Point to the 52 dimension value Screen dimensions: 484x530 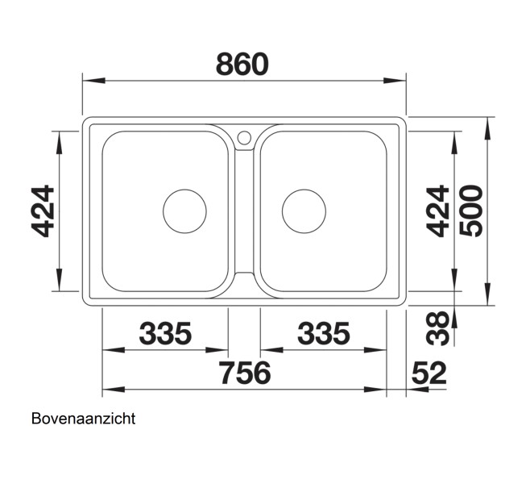tap(429, 373)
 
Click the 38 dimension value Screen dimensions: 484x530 tap(437, 328)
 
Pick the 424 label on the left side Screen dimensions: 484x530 tap(43, 211)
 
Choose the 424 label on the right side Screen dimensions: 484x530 tap(437, 211)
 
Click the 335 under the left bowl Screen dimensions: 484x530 tap(166, 332)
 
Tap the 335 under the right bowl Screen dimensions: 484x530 tap(323, 332)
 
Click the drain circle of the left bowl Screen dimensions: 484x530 tap(184, 211)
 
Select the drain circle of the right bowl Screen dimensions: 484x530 tap(304, 211)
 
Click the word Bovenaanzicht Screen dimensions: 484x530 tap(83, 419)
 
